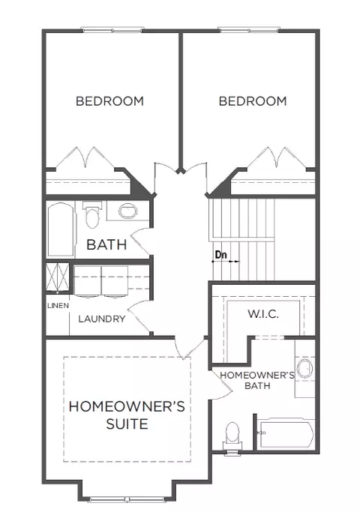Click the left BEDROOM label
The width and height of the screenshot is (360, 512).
tap(109, 101)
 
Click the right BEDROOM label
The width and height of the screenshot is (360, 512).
tap(253, 101)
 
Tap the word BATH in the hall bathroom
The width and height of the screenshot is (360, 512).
tap(106, 244)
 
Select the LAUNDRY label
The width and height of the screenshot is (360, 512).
tap(101, 319)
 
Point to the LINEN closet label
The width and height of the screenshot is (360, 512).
tap(58, 306)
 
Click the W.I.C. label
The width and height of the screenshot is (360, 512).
tap(263, 314)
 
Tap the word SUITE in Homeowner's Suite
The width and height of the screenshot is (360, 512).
tap(127, 424)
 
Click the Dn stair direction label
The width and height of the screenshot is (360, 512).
tap(221, 254)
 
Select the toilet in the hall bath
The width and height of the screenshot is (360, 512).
tap(92, 214)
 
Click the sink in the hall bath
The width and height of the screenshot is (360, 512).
tap(128, 211)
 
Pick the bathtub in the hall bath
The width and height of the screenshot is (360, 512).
tap(61, 230)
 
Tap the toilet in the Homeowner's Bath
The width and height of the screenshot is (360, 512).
tap(232, 436)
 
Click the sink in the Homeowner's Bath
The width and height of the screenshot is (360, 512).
tap(305, 369)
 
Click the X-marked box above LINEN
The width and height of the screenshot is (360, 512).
tap(58, 277)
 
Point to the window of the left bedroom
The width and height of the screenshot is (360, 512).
tap(112, 30)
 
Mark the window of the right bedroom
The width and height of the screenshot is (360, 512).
tap(248, 30)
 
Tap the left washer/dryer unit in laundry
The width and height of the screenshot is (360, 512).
tap(88, 281)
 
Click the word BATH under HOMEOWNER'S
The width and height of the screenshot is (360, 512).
tap(257, 385)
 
